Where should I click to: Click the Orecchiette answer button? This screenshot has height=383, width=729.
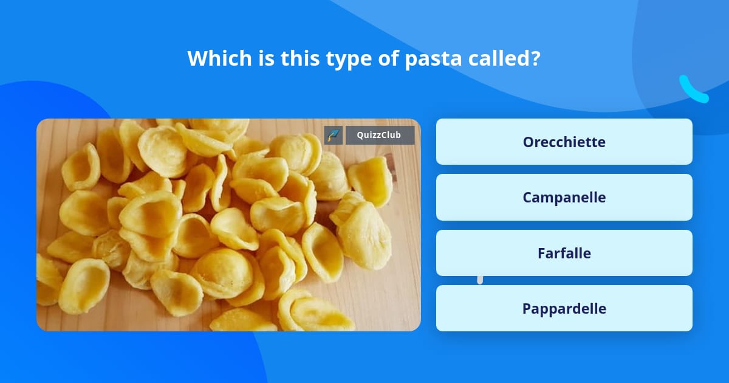(564, 142)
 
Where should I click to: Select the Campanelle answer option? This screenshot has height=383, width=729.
(564, 197)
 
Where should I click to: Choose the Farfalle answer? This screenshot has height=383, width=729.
(564, 253)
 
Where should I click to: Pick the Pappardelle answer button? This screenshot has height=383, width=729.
(564, 308)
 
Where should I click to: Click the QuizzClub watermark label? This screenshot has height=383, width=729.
(380, 135)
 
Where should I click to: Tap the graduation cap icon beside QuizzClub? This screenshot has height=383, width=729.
(334, 135)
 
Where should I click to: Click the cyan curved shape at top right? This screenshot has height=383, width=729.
(693, 90)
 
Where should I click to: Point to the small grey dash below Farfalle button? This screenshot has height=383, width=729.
(480, 280)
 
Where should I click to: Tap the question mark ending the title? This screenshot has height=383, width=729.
(536, 58)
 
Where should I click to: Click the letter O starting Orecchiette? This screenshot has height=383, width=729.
(528, 142)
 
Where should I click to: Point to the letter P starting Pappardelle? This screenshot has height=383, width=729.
(527, 308)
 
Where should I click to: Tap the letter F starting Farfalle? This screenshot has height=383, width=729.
(541, 253)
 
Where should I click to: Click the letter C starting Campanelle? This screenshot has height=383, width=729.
(527, 197)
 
